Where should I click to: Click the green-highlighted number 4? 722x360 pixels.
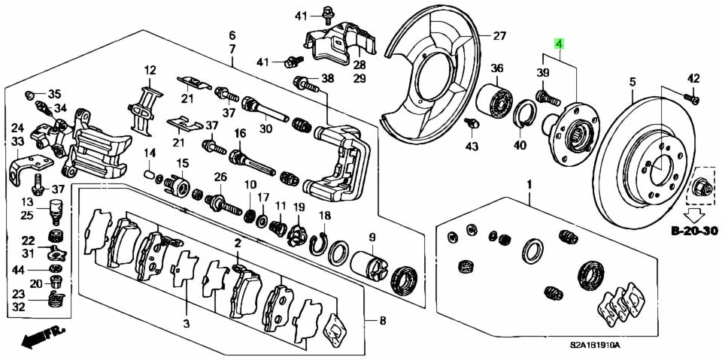pos(559,44)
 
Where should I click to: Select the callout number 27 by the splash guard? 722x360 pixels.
pos(499,36)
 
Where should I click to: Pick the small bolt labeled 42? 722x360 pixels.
pos(693,97)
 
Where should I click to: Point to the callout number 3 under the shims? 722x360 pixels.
pos(186,324)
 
